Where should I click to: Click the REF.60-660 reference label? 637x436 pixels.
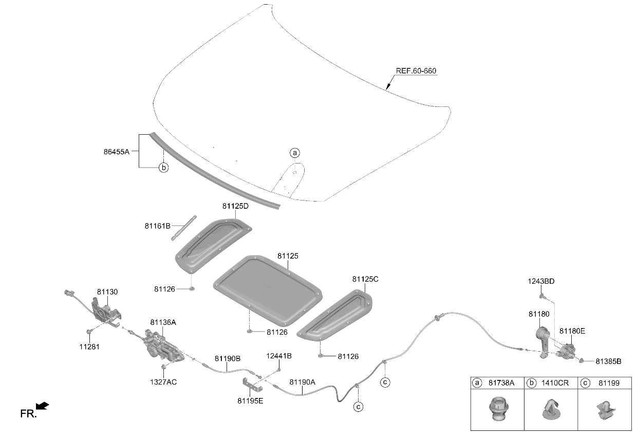pyautogui.click(x=416, y=71)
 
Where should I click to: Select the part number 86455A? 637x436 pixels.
pyautogui.click(x=116, y=152)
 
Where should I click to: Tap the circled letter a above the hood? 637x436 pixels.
pyautogui.click(x=295, y=153)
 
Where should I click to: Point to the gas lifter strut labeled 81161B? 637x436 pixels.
pyautogui.click(x=184, y=228)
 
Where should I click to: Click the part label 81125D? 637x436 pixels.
pyautogui.click(x=235, y=206)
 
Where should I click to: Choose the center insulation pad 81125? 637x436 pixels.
pyautogui.click(x=267, y=290)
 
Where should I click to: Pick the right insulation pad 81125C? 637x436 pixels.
pyautogui.click(x=334, y=315)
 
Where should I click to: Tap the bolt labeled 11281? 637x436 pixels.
pyautogui.click(x=89, y=331)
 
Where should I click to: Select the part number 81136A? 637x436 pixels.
pyautogui.click(x=163, y=322)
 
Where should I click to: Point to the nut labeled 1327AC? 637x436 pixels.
pyautogui.click(x=163, y=367)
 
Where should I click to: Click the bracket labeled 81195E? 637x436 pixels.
pyautogui.click(x=252, y=385)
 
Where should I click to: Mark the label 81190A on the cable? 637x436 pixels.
pyautogui.click(x=302, y=382)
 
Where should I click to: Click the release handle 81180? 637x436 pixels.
pyautogui.click(x=543, y=342)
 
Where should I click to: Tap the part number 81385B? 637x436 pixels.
pyautogui.click(x=609, y=361)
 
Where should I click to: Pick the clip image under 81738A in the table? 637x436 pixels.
pyautogui.click(x=499, y=409)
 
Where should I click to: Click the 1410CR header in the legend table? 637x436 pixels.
pyautogui.click(x=555, y=383)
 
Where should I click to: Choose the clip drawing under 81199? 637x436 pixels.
pyautogui.click(x=605, y=410)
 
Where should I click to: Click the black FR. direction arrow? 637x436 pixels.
pyautogui.click(x=42, y=406)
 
